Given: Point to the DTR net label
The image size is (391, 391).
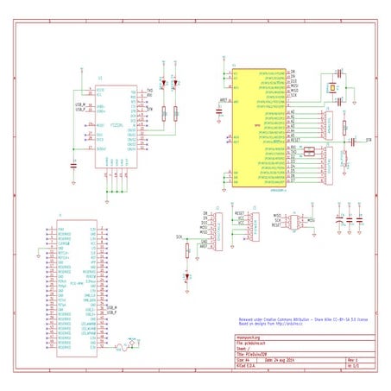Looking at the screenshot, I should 369,139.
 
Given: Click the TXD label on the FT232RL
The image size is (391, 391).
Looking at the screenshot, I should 150,90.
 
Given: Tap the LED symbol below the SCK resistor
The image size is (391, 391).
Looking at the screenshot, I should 186,277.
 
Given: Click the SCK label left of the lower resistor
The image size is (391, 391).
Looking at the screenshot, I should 179,236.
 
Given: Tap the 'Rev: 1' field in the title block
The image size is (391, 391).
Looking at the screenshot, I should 352,358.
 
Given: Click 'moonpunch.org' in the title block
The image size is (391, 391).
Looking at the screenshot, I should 248,338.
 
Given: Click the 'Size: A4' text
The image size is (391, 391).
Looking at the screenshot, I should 242,358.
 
